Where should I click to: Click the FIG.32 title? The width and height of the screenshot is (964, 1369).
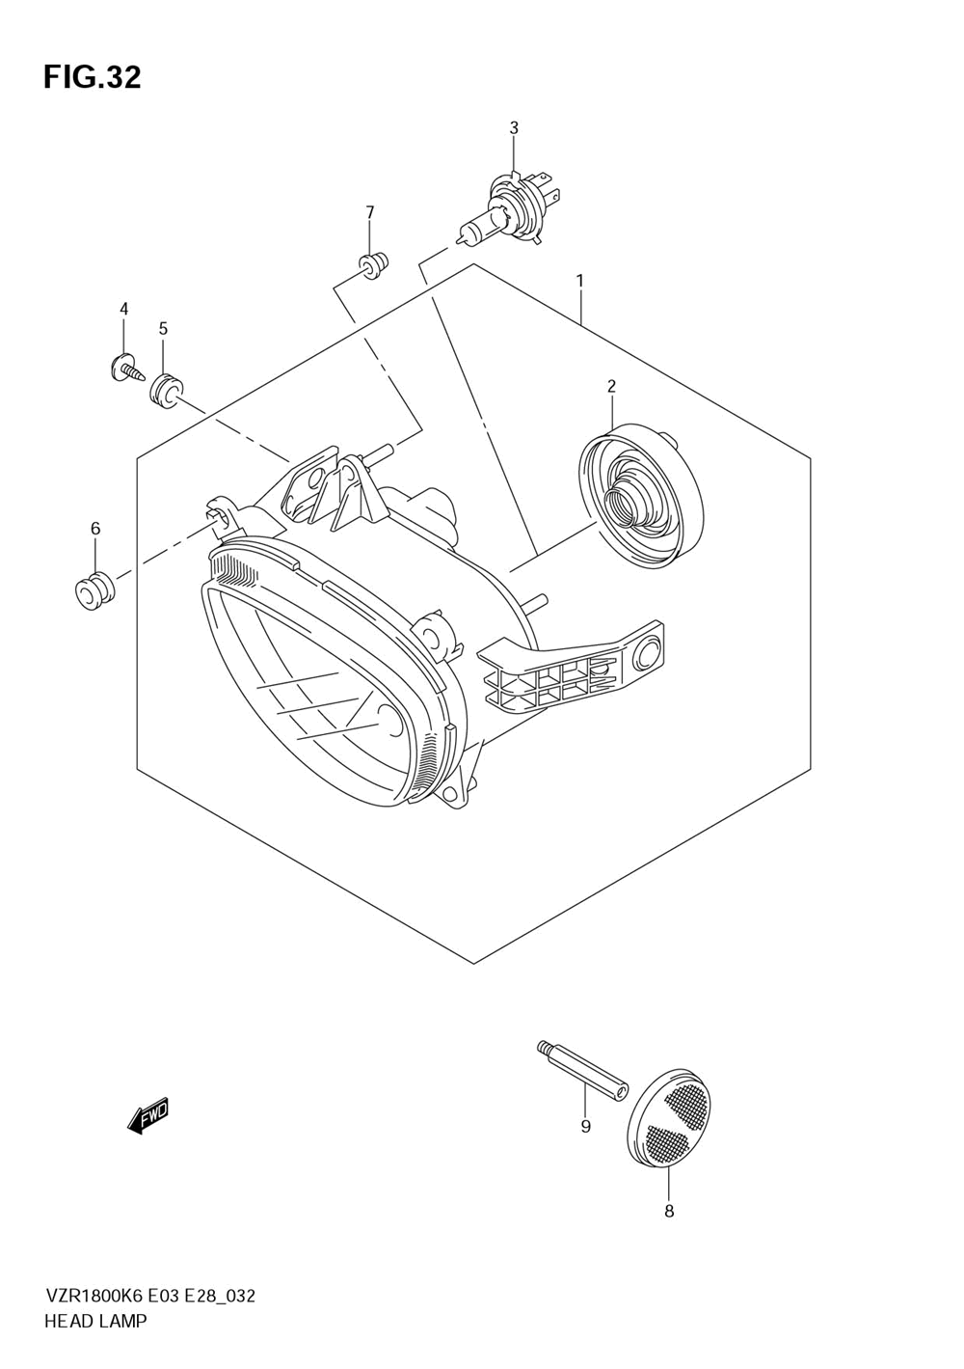coord(93,77)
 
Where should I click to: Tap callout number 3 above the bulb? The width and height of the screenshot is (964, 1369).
coord(514,128)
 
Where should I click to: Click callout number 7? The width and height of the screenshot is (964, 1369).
coord(369,212)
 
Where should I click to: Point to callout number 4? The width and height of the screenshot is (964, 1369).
coord(123,309)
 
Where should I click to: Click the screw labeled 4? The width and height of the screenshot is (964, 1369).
coord(123,368)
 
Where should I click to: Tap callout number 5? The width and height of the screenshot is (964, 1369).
coord(163,329)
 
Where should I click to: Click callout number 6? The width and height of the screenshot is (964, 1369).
coord(95,529)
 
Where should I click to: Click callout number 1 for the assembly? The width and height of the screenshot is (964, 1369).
coord(579,281)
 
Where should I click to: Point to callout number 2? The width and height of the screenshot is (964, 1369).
coord(611,387)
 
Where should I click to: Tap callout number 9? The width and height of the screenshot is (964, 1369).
coord(586,1127)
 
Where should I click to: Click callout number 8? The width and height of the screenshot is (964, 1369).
coord(669,1212)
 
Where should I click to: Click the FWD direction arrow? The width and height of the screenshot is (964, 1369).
coord(148,1117)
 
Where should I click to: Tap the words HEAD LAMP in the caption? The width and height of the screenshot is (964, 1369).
coord(95,1322)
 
